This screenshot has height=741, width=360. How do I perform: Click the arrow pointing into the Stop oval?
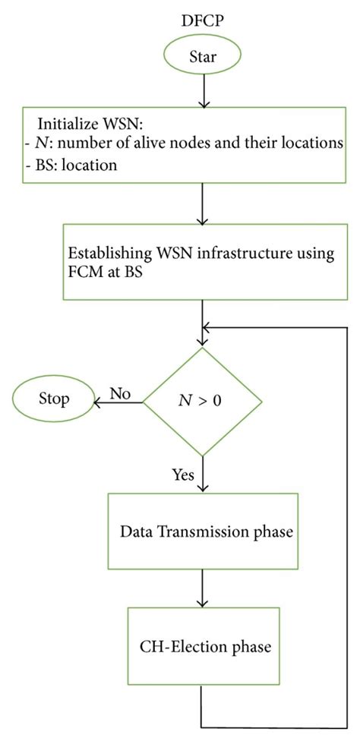114,402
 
